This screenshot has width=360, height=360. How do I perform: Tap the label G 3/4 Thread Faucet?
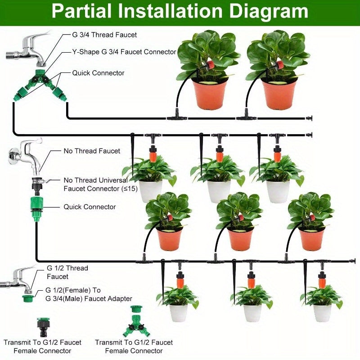tap(104, 35)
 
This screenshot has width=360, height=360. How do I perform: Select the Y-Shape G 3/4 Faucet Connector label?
tap(124, 52)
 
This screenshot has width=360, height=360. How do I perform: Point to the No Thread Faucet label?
tap(92, 151)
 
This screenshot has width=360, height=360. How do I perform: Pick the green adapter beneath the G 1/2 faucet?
tap(27, 297)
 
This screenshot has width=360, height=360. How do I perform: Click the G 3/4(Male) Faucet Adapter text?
tap(89, 298)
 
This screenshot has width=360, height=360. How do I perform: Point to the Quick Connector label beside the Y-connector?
tap(98, 73)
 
